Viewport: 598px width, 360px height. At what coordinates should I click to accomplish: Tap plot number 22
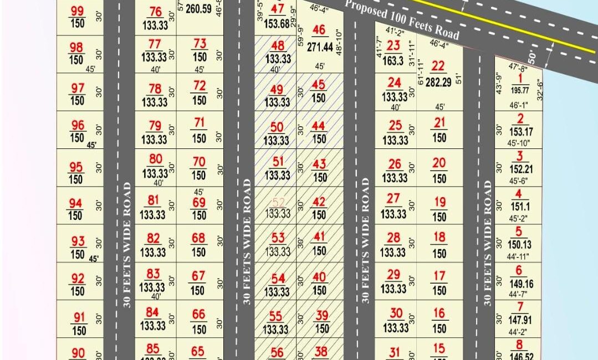pyautogui.click(x=438, y=66)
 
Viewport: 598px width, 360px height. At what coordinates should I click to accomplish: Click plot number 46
pyautogui.click(x=319, y=30)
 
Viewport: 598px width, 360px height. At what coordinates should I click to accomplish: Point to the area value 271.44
pyautogui.click(x=320, y=48)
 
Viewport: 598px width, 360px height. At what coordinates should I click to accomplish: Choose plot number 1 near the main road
pyautogui.click(x=520, y=79)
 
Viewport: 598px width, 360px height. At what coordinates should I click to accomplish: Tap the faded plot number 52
pyautogui.click(x=278, y=202)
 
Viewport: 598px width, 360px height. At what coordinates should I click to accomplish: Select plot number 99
pyautogui.click(x=78, y=11)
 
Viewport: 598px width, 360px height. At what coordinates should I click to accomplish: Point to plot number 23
pyautogui.click(x=393, y=46)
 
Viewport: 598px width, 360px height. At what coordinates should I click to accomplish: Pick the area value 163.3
pyautogui.click(x=393, y=61)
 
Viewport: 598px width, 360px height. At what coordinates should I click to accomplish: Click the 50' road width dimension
pyautogui.click(x=533, y=56)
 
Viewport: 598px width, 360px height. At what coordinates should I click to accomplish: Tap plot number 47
pyautogui.click(x=278, y=9)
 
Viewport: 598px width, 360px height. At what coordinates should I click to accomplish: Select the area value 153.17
pyautogui.click(x=519, y=132)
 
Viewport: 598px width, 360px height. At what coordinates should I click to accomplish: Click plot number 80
pyautogui.click(x=155, y=161)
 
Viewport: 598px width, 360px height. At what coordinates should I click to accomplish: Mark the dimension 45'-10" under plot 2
pyautogui.click(x=519, y=143)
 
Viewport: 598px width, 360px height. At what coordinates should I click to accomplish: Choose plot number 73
pyautogui.click(x=200, y=44)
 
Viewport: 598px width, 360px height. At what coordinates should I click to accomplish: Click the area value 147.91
pyautogui.click(x=519, y=320)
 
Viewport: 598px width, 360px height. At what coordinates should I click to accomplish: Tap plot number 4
pyautogui.click(x=519, y=194)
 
